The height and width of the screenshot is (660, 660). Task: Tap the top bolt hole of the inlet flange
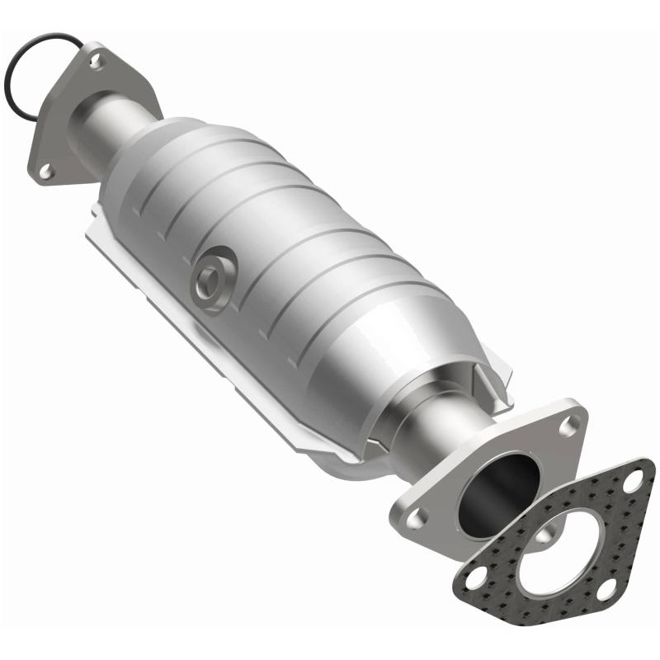click(x=97, y=59)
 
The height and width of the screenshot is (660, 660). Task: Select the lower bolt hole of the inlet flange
click(x=46, y=170)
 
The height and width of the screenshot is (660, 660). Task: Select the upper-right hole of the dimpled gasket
click(x=634, y=482)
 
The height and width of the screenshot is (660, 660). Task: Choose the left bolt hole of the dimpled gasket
click(x=475, y=579)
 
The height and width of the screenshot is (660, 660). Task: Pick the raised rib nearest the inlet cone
click(x=190, y=177)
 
